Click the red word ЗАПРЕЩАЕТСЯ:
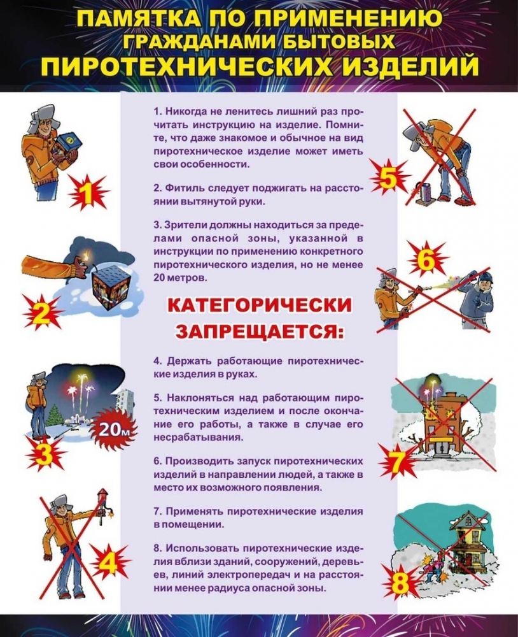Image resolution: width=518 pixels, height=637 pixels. click(x=259, y=331)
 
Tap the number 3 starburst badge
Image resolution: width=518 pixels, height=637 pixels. click(x=45, y=454)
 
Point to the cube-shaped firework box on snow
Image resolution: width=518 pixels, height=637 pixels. click(x=106, y=285)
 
